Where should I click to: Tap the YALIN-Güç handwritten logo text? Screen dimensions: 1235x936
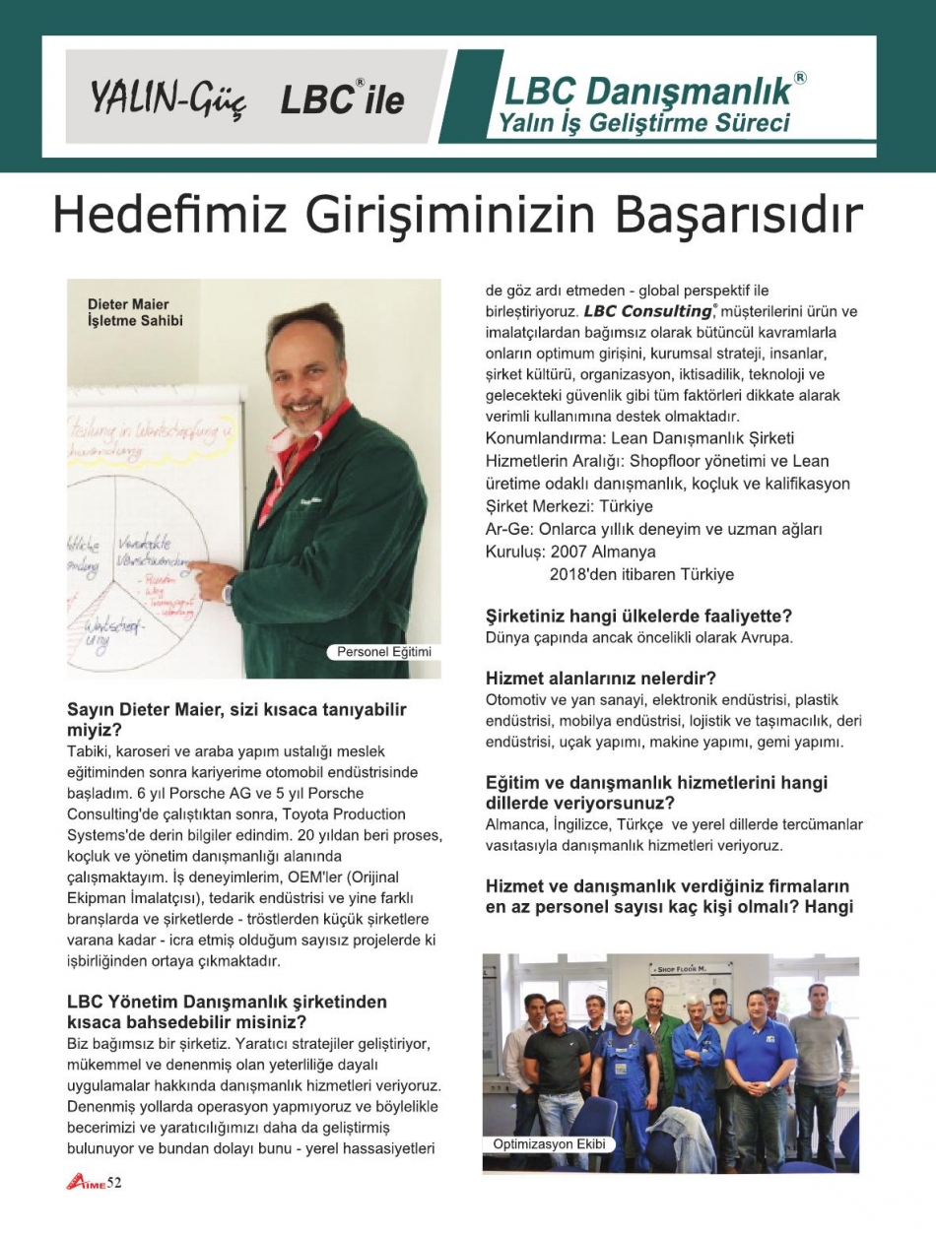(x=167, y=97)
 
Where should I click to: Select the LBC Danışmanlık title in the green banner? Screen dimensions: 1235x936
(x=648, y=92)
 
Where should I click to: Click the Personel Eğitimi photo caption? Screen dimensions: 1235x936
(x=384, y=652)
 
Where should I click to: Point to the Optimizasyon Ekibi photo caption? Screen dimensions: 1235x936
(x=549, y=1144)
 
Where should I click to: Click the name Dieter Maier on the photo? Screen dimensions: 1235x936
(x=128, y=303)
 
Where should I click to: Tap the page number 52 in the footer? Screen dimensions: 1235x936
(x=114, y=1183)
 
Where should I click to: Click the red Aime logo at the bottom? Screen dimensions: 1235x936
(x=86, y=1183)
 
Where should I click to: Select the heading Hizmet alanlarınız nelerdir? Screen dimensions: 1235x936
(x=600, y=679)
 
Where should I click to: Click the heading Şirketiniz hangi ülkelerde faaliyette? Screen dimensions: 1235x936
(x=638, y=617)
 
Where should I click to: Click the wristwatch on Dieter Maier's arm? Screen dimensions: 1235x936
(x=228, y=593)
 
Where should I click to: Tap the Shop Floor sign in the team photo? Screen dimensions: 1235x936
(x=690, y=968)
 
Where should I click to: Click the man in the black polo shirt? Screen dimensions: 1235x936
(x=556, y=1064)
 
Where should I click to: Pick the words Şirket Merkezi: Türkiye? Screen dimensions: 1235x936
(x=569, y=506)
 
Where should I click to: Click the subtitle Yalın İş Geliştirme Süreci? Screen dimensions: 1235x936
(x=644, y=124)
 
